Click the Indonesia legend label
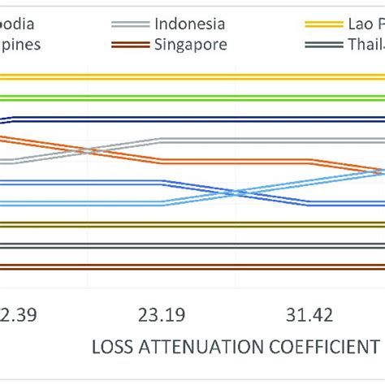coord(189,24)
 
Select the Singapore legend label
coord(190,44)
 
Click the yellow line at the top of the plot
coord(192,77)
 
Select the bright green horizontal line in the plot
coord(192,97)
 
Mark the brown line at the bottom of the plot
coord(192,266)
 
